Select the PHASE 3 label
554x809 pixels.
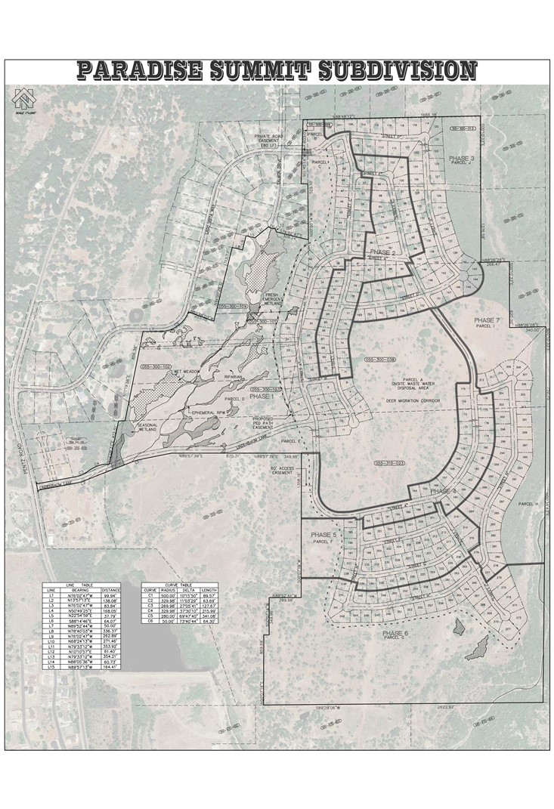click(461, 157)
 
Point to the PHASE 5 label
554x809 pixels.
click(323, 535)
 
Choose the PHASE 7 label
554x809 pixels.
click(488, 320)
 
